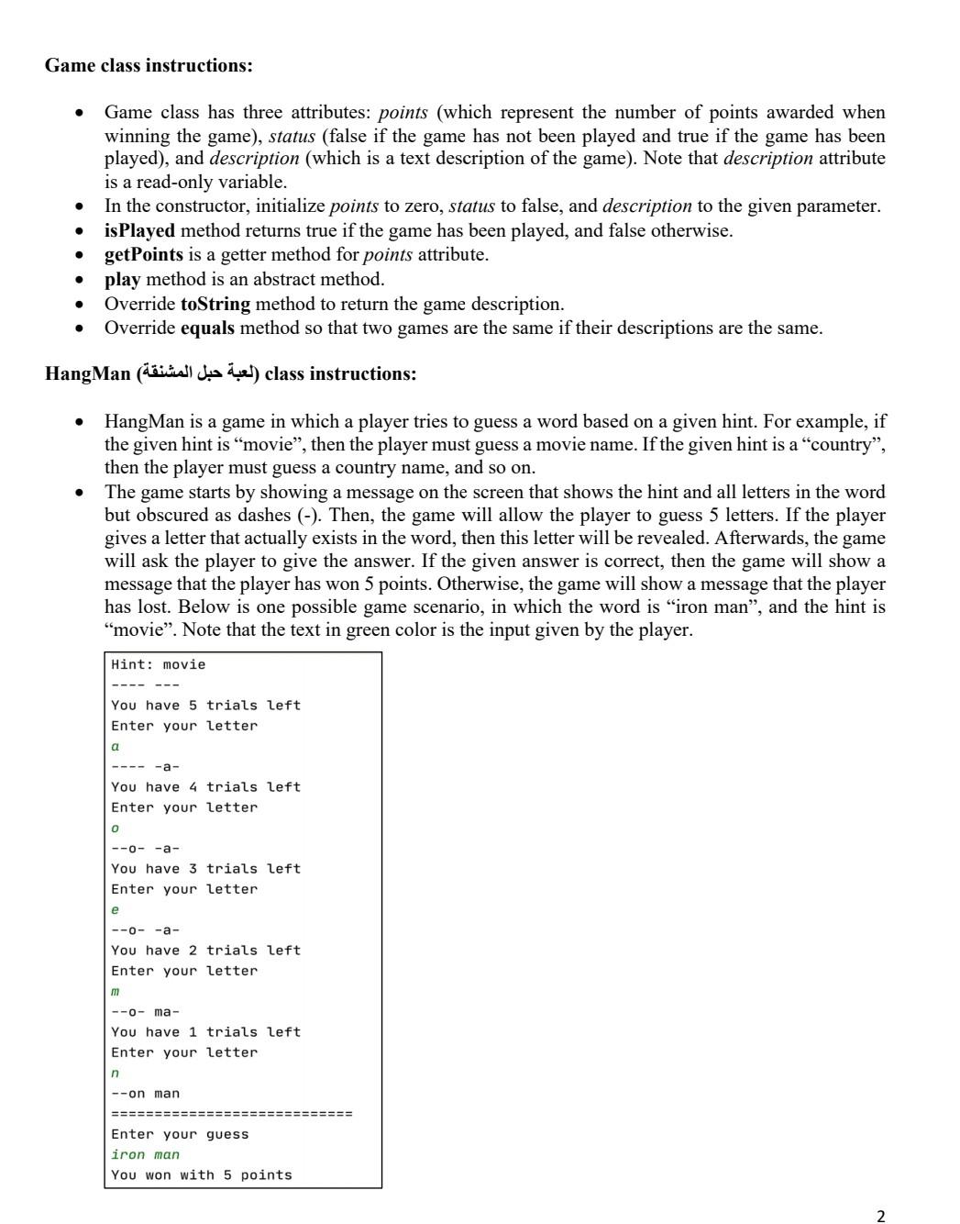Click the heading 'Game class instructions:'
tap(149, 65)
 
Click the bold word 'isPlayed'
tap(139, 230)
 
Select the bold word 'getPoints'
tap(143, 254)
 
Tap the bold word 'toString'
tap(215, 304)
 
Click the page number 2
tap(880, 1216)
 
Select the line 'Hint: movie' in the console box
tap(159, 664)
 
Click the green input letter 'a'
tap(116, 746)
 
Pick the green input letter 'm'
tap(116, 991)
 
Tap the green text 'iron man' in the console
tap(145, 1154)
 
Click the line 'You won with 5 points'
tap(202, 1174)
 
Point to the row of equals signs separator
tap(231, 1114)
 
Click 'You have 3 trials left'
tap(205, 868)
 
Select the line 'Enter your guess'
tap(180, 1134)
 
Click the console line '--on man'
tap(146, 1093)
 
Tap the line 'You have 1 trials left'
tap(205, 1031)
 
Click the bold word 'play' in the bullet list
tap(122, 279)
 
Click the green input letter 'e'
tap(116, 909)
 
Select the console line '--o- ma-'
tap(146, 1011)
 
